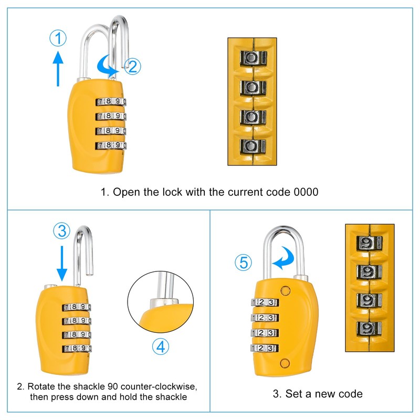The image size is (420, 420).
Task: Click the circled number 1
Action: click(59, 38)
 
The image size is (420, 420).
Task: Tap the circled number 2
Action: click(132, 67)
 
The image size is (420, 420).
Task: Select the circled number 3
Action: click(62, 230)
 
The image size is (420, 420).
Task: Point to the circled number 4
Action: click(161, 346)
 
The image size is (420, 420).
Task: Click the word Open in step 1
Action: click(125, 192)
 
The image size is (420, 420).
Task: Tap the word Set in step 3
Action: click(291, 394)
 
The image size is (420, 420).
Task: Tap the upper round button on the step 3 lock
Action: click(286, 290)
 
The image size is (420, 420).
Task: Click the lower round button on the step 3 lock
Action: click(286, 363)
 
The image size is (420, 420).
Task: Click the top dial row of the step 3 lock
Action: click(265, 302)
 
